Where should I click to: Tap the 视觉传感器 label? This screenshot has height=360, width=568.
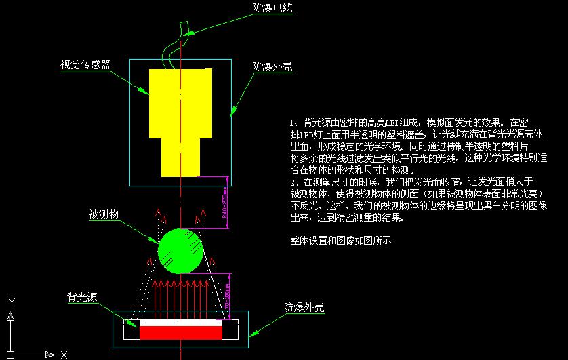click(x=85, y=65)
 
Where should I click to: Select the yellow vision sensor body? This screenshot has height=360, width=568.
click(x=181, y=102)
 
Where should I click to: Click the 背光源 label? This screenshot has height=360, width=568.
click(x=81, y=297)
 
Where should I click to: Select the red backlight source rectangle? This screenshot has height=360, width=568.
click(x=181, y=333)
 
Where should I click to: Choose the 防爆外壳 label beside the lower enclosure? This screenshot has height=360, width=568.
click(x=304, y=308)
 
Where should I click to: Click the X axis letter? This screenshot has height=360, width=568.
click(x=64, y=355)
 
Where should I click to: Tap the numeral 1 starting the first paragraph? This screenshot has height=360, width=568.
click(x=292, y=123)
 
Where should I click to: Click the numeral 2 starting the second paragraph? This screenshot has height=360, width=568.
click(x=292, y=182)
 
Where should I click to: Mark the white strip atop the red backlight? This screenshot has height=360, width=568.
click(x=181, y=323)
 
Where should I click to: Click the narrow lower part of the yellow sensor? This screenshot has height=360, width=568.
click(x=181, y=156)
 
